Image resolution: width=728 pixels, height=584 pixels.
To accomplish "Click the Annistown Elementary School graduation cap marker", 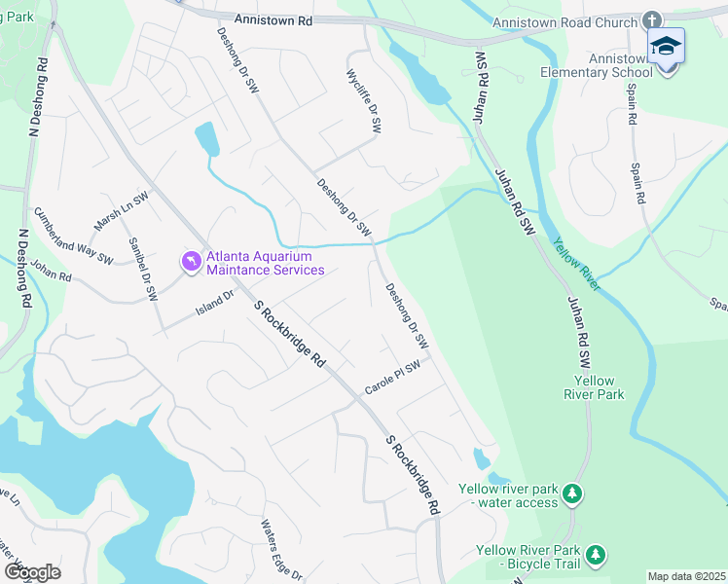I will point(667,47).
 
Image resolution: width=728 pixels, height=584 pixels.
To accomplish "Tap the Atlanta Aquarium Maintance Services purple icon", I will point(192,262).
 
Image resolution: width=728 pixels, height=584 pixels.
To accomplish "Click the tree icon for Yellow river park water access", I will point(574,494).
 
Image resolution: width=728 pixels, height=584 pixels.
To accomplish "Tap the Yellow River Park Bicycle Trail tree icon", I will point(595,556).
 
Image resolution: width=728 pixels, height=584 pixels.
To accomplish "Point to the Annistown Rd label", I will point(273,18).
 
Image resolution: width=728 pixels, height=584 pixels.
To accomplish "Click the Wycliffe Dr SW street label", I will point(361,101).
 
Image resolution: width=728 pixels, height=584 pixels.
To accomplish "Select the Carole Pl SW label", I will point(391,378).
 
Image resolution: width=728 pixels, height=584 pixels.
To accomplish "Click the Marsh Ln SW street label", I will point(121,211).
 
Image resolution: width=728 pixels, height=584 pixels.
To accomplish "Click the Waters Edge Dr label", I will point(280,550).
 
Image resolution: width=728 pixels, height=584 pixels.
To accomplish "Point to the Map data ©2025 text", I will point(686,576).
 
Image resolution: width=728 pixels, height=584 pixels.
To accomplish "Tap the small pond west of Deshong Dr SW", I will point(206,139).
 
